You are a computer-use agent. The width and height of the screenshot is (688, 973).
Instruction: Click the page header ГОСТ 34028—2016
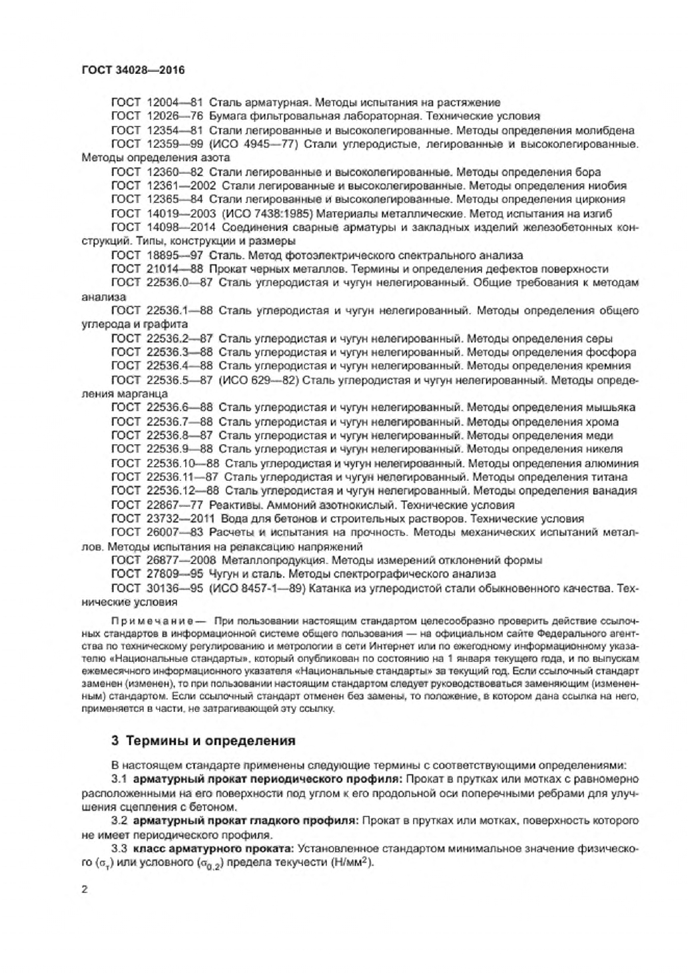[x=133, y=69]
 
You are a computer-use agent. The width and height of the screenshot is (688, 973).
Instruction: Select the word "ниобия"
[x=608, y=186]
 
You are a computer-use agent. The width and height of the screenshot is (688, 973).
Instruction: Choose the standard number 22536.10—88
[x=183, y=464]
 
